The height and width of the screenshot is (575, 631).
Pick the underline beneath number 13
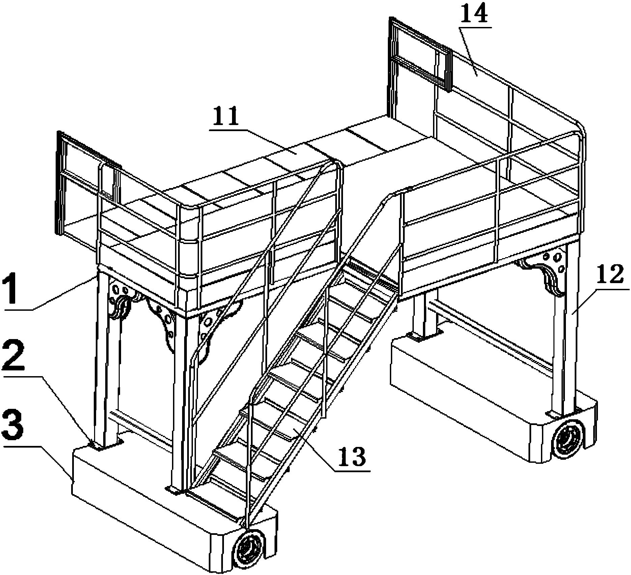point(351,471)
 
